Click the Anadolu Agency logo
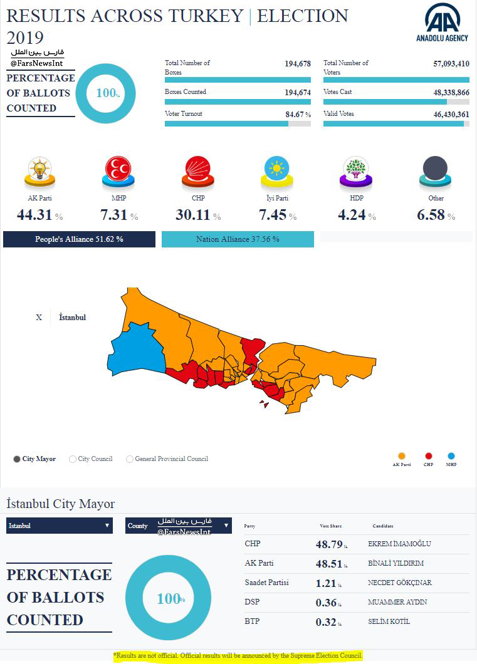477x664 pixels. (x=442, y=23)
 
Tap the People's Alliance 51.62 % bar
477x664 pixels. (x=79, y=239)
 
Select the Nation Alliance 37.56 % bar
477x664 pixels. (x=238, y=239)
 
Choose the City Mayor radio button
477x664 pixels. (x=17, y=459)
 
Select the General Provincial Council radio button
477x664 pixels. (x=130, y=459)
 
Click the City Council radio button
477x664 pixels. (x=73, y=459)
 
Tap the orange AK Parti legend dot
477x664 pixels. (x=402, y=457)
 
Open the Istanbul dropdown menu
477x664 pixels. (x=60, y=526)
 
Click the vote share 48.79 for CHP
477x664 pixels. (x=328, y=545)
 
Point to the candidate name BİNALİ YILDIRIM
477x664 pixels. (x=396, y=564)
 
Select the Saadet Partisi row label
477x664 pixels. (x=266, y=583)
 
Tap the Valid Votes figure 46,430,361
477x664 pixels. (x=442, y=114)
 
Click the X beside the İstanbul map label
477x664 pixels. (x=39, y=318)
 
